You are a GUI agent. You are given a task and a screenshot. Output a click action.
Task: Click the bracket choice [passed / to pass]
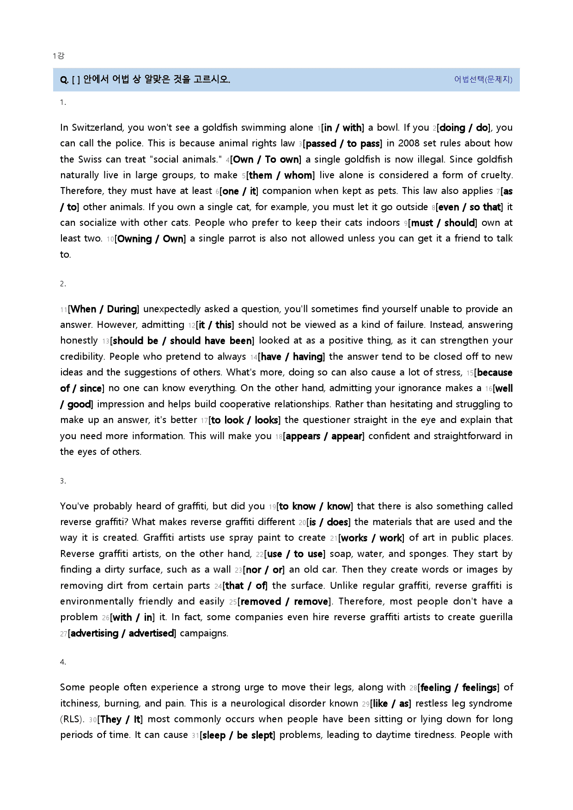pyautogui.click(x=342, y=144)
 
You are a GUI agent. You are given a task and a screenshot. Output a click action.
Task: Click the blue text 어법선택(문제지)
pyautogui.click(x=483, y=79)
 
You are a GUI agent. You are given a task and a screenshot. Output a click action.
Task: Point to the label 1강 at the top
pyautogui.click(x=58, y=56)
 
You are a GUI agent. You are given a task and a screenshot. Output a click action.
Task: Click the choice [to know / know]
pyautogui.click(x=315, y=507)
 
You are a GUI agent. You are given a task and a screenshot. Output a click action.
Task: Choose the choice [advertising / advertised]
pyautogui.click(x=122, y=634)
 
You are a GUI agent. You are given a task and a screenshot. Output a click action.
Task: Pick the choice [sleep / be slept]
pyautogui.click(x=237, y=735)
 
